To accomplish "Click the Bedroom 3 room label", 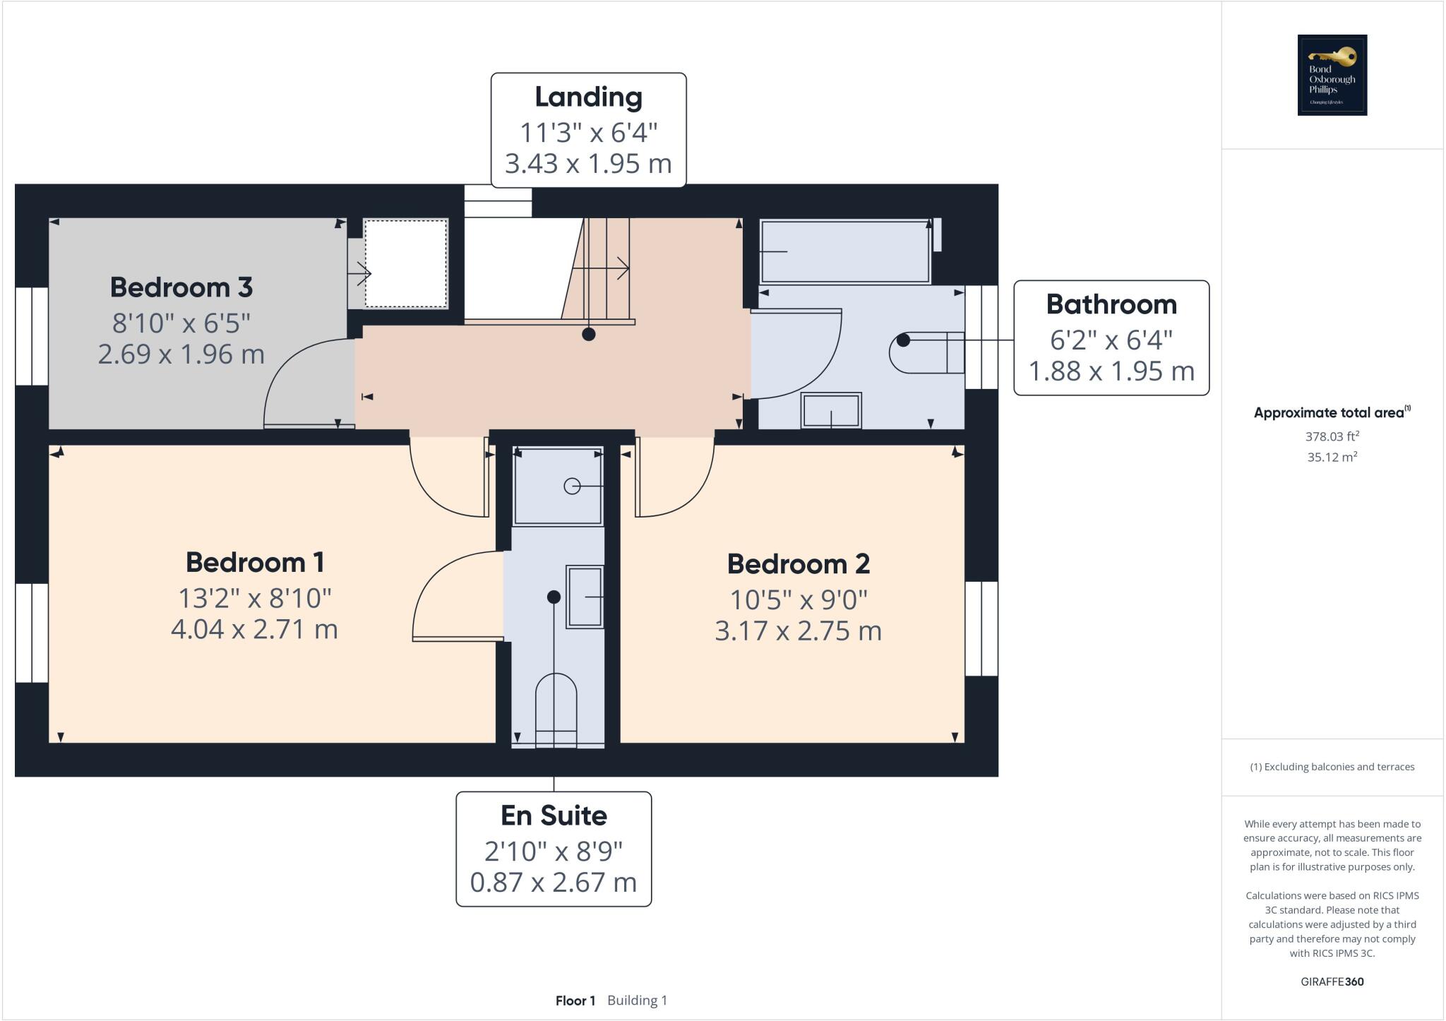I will pos(181,287).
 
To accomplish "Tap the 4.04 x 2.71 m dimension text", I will pos(254,629).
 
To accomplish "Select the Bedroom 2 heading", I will pos(799,564).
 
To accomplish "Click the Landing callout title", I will pos(588,97).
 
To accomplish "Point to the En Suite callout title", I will pos(554,816).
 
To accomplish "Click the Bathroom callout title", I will pos(1111,304).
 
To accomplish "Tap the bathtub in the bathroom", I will pos(844,251).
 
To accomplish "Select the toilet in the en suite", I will pos(556,710).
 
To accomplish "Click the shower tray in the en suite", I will pos(558,486).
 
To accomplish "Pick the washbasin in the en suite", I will pos(585,597).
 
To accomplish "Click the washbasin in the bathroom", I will pos(831,410).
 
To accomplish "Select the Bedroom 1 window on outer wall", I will pos(32,633).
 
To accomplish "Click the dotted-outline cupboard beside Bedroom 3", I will pos(405,263).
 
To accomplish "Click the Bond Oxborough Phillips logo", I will pos(1332,75).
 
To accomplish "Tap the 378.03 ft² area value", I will pos(1332,437).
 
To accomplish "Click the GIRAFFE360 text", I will pos(1332,981).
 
